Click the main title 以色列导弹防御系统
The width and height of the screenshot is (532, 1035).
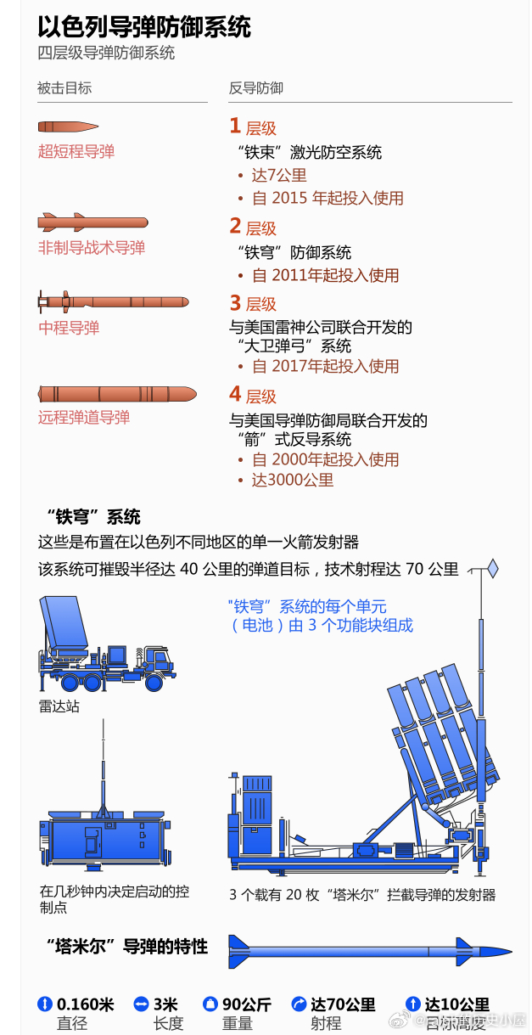[x=144, y=26]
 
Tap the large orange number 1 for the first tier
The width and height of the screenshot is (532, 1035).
[x=235, y=127]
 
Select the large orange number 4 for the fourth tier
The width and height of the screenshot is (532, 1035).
[x=235, y=394]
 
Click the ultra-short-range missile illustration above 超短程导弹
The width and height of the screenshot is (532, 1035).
[x=68, y=127]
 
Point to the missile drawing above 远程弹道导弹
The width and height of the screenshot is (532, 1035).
[x=117, y=394]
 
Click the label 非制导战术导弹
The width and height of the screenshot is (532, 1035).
[x=92, y=248]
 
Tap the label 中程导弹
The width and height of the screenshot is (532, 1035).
[x=69, y=328]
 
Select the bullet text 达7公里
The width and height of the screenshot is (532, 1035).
[x=279, y=176]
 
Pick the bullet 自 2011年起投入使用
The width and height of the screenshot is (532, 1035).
[x=326, y=275]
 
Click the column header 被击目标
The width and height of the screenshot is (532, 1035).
[x=64, y=88]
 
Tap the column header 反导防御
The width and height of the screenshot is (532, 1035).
[x=256, y=88]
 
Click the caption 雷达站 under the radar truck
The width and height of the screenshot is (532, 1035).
[x=59, y=706]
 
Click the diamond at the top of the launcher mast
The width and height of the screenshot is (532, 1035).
[x=492, y=568]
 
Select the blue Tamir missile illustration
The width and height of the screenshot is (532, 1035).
[x=369, y=951]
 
